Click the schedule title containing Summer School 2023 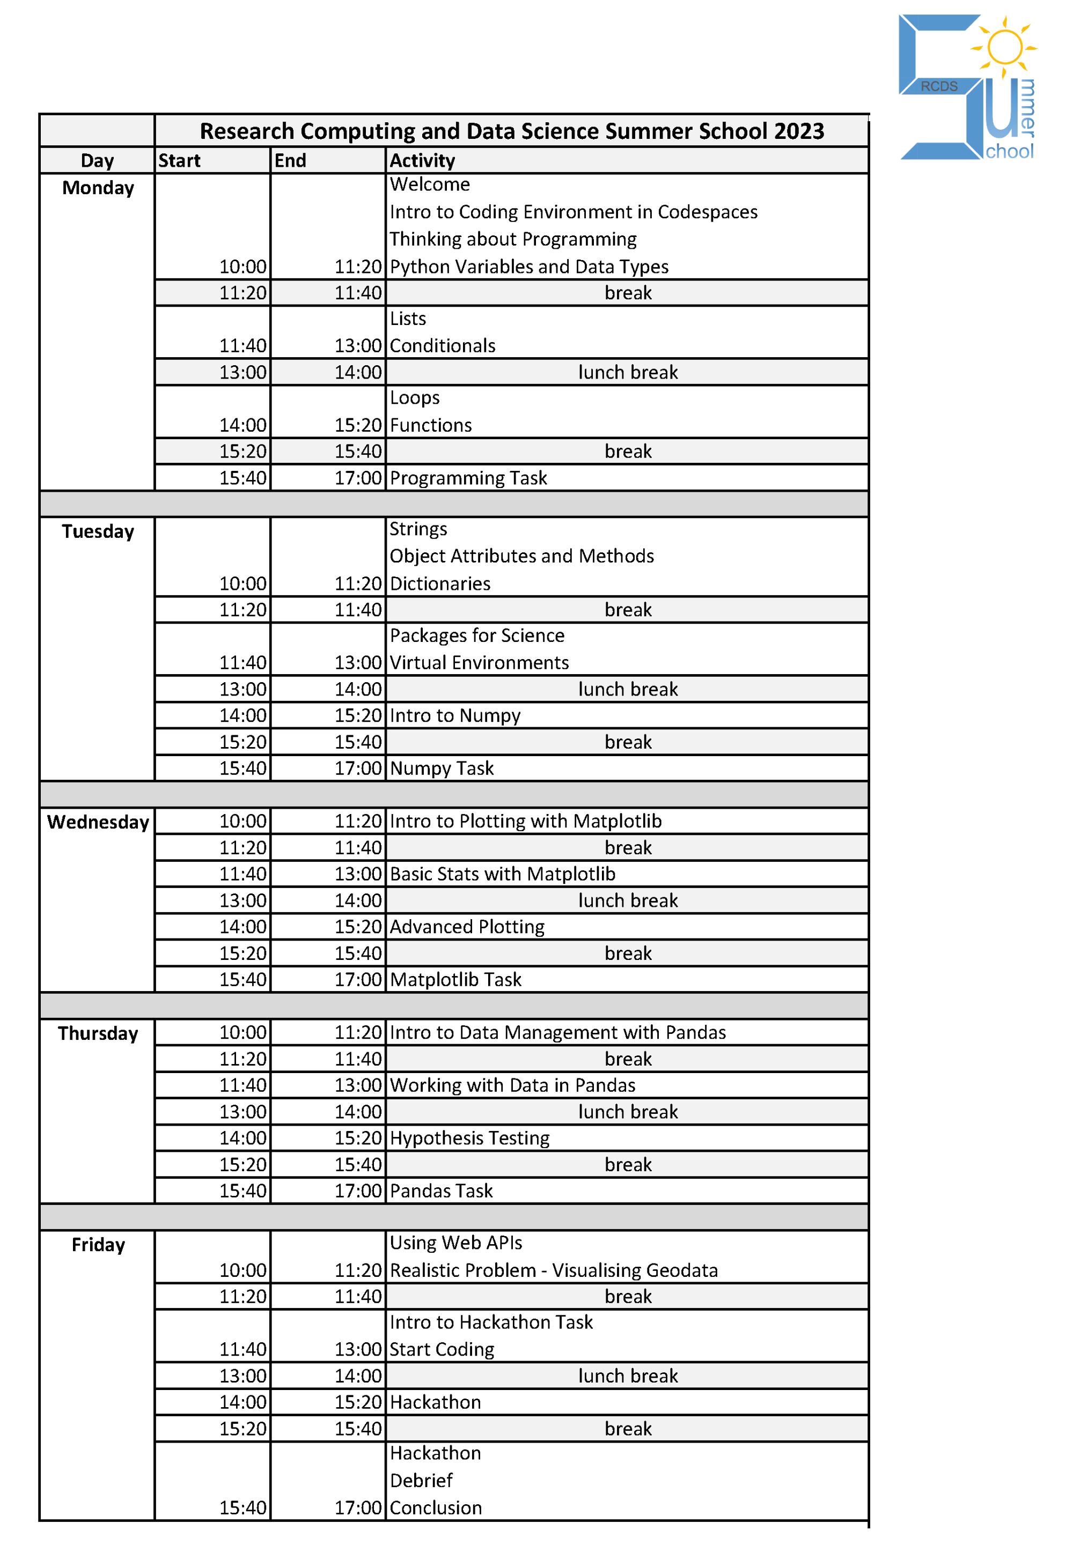tap(512, 131)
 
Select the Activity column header tap(422, 161)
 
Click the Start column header tap(180, 161)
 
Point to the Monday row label tap(98, 188)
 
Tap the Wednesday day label tap(98, 822)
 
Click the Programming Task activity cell tap(468, 478)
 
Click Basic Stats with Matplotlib tap(502, 874)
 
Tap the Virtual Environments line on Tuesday tap(479, 663)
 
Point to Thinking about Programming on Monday tap(513, 239)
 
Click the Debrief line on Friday tap(422, 1481)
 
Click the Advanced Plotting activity tap(467, 927)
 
